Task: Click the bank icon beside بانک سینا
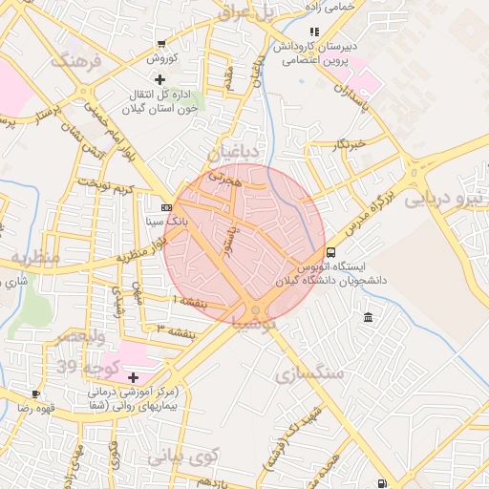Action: pyautogui.click(x=167, y=207)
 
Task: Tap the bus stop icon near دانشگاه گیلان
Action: pyautogui.click(x=330, y=253)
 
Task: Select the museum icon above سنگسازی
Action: pyautogui.click(x=369, y=316)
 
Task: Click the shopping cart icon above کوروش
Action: pyautogui.click(x=160, y=45)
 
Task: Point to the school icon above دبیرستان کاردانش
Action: pyautogui.click(x=315, y=32)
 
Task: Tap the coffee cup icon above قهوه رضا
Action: pyautogui.click(x=35, y=393)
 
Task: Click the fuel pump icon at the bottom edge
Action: pyautogui.click(x=382, y=483)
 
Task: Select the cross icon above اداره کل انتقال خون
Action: pyautogui.click(x=159, y=79)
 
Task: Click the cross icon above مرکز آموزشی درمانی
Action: pyautogui.click(x=133, y=377)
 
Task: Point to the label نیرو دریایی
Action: pyautogui.click(x=445, y=201)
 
